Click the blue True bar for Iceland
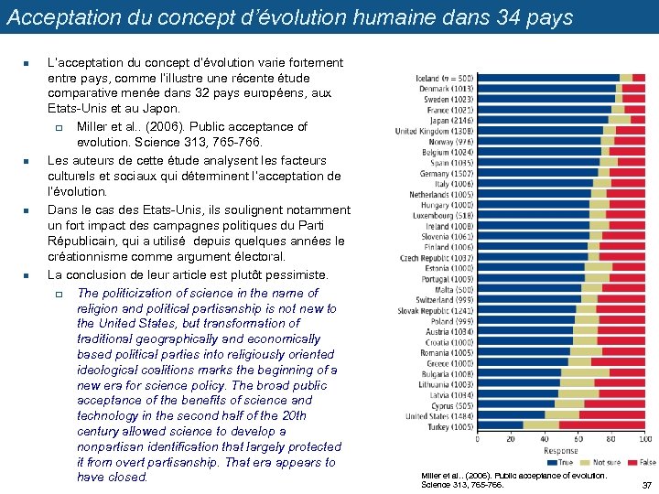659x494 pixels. [x=547, y=78]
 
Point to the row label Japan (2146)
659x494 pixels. [x=451, y=120]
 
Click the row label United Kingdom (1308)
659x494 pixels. [x=434, y=131]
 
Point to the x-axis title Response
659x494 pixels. [x=561, y=450]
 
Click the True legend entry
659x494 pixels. [x=561, y=462]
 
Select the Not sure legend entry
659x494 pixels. [x=604, y=462]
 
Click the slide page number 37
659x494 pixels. [x=646, y=485]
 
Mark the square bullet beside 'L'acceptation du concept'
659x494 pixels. [x=27, y=63]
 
